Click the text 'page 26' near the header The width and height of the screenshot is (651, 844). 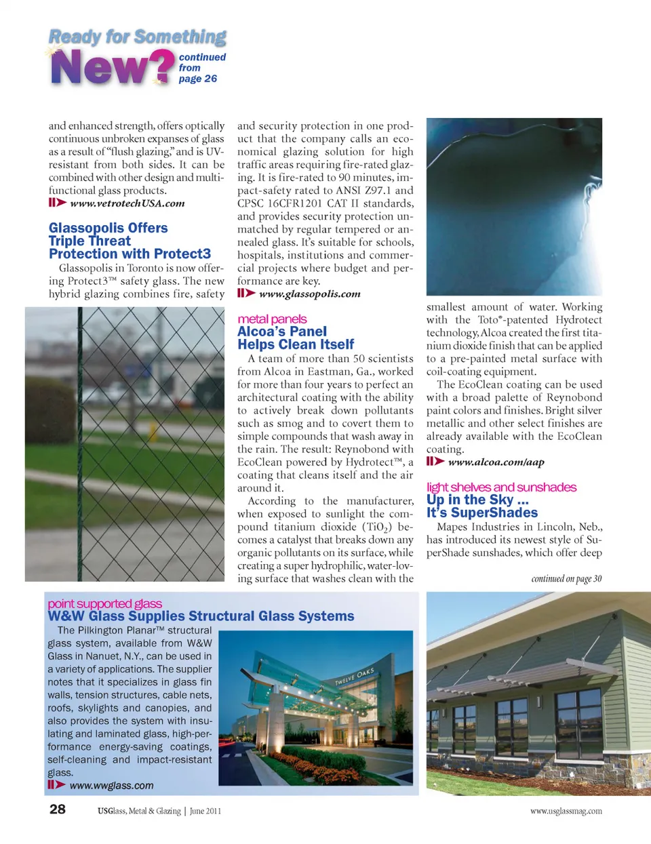[197, 79]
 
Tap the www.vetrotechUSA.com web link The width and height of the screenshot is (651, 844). [127, 203]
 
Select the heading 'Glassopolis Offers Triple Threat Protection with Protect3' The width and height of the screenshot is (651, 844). [130, 241]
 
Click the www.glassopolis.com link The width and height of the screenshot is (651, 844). [309, 294]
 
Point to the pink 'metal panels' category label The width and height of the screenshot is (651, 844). [272, 319]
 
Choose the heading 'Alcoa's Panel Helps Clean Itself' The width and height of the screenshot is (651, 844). [296, 338]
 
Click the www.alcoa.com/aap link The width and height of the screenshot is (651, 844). [496, 462]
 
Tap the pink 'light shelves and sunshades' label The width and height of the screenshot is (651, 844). [501, 487]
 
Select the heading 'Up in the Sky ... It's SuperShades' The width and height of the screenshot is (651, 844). [481, 506]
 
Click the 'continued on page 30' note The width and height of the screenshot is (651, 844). [566, 579]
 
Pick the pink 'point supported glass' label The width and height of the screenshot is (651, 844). [104, 603]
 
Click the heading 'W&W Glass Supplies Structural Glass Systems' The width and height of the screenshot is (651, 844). [201, 616]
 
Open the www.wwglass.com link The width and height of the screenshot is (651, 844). [111, 786]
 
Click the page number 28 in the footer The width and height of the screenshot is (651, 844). [58, 809]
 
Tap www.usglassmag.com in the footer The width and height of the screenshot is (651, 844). [566, 811]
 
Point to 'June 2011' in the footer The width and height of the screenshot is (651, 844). [205, 811]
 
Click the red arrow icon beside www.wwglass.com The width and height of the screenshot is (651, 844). [56, 785]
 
